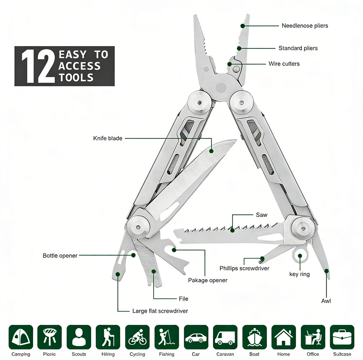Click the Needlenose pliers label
pos(305,26)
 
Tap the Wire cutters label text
pos(284,64)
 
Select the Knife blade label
pos(108,138)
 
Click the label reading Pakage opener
pos(208,280)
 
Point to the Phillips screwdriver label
pos(244,268)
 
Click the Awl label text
pos(326,301)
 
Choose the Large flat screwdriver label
pos(160,311)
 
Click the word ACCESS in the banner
pos(80,66)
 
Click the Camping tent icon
pos(21,337)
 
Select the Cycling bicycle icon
pos(137,337)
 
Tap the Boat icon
pos(254,337)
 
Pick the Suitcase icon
pos(342,337)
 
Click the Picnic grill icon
pos(50,337)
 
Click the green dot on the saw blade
pos(233,229)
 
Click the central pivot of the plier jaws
pos(221,87)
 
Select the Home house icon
pos(283,337)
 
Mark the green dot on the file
pos(154,271)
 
